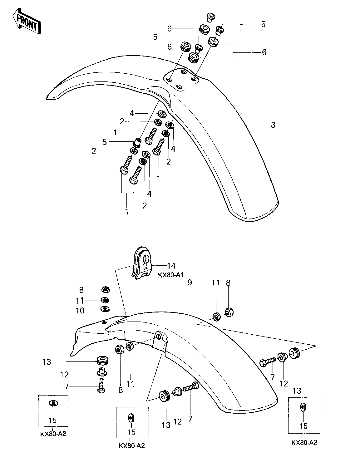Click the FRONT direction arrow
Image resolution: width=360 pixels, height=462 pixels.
point(27,21)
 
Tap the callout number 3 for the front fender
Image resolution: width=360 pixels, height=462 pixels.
point(273,125)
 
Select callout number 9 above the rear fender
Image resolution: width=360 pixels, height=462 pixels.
point(190,283)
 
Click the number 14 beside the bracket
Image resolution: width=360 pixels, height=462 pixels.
point(171,266)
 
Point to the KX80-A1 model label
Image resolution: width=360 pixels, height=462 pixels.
point(171,275)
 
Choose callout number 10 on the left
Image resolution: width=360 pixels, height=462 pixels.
point(80,311)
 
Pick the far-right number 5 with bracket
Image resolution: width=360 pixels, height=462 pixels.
point(263,24)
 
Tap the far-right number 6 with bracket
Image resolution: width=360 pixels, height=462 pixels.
point(264,52)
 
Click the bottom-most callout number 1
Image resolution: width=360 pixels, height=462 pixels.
point(127,212)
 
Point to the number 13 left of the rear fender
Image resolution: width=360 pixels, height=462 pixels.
point(47,362)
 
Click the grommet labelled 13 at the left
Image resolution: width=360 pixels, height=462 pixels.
point(103,360)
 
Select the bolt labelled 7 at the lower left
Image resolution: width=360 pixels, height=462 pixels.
point(101,385)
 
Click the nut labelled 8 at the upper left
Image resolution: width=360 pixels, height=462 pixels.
point(106,290)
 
